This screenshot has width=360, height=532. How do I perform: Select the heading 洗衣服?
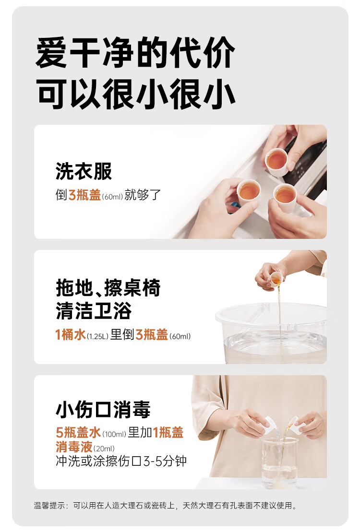point(84,171)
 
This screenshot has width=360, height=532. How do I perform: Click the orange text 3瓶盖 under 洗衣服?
point(84,195)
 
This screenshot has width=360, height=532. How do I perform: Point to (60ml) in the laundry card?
point(112,197)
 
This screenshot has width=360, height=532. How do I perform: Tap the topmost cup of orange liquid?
point(276,161)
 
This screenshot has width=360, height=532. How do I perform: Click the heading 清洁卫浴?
point(94,311)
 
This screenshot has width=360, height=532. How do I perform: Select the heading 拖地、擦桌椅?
point(108,288)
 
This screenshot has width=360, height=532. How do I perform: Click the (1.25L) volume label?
point(97,336)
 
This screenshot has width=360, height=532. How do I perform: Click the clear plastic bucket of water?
point(271,333)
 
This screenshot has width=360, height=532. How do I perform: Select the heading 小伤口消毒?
point(103,410)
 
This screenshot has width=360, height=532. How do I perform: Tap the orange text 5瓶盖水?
point(78,432)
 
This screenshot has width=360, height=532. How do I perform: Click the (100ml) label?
point(114,434)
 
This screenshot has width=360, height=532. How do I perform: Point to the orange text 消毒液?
point(74,447)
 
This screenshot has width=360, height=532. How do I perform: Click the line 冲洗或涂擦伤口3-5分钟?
point(121,461)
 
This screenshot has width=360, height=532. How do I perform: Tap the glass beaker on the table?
point(279,462)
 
